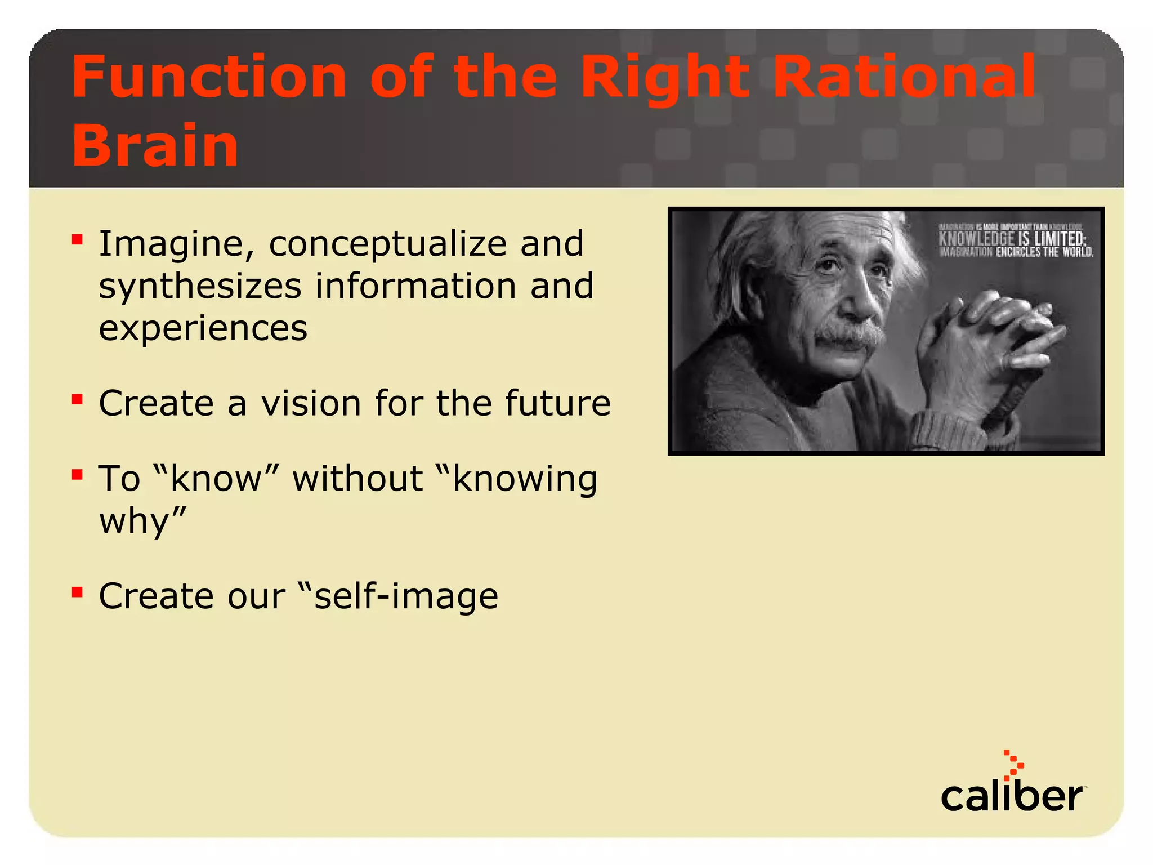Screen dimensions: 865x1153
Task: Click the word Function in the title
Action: [x=208, y=77]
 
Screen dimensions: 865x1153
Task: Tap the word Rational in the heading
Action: [x=904, y=77]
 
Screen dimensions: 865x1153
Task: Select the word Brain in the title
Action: [x=155, y=145]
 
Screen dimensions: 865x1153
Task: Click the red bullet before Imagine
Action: [x=78, y=240]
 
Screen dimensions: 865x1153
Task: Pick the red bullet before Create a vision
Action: [x=78, y=400]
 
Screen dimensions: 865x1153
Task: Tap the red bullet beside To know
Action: [x=78, y=475]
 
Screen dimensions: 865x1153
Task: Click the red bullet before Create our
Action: [x=78, y=592]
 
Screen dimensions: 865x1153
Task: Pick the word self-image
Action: [x=405, y=596]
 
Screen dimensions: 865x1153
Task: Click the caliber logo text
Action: [x=1011, y=797]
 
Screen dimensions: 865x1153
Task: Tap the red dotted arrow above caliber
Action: [x=1014, y=765]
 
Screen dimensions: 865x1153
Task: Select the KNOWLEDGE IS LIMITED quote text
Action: [x=1012, y=239]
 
